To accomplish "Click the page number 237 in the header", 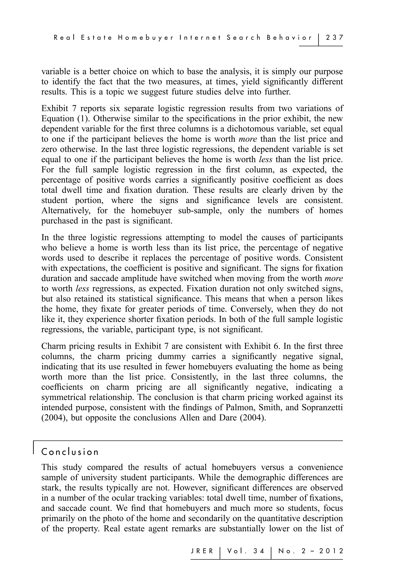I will point(334,38).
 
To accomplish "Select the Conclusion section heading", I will point(70,452).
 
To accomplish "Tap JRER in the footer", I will point(202,551).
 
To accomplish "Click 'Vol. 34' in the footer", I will point(246,551).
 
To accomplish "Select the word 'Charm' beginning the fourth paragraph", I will point(53,346).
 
